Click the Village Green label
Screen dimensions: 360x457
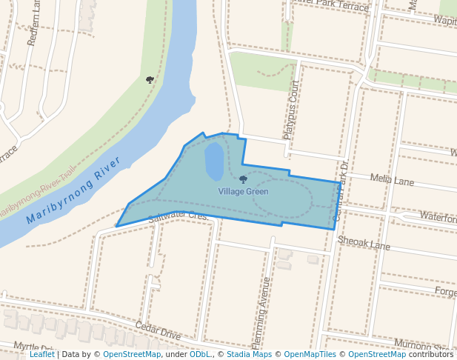tap(243, 192)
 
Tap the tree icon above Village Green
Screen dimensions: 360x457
tap(243, 179)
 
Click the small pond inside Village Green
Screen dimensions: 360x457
tap(213, 161)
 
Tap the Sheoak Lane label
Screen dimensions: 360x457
tap(364, 242)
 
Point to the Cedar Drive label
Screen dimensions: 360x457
tap(159, 330)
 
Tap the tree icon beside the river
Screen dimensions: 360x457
tap(150, 79)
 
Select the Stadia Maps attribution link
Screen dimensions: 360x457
tap(248, 354)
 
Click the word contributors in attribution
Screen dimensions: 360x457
tap(430, 354)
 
